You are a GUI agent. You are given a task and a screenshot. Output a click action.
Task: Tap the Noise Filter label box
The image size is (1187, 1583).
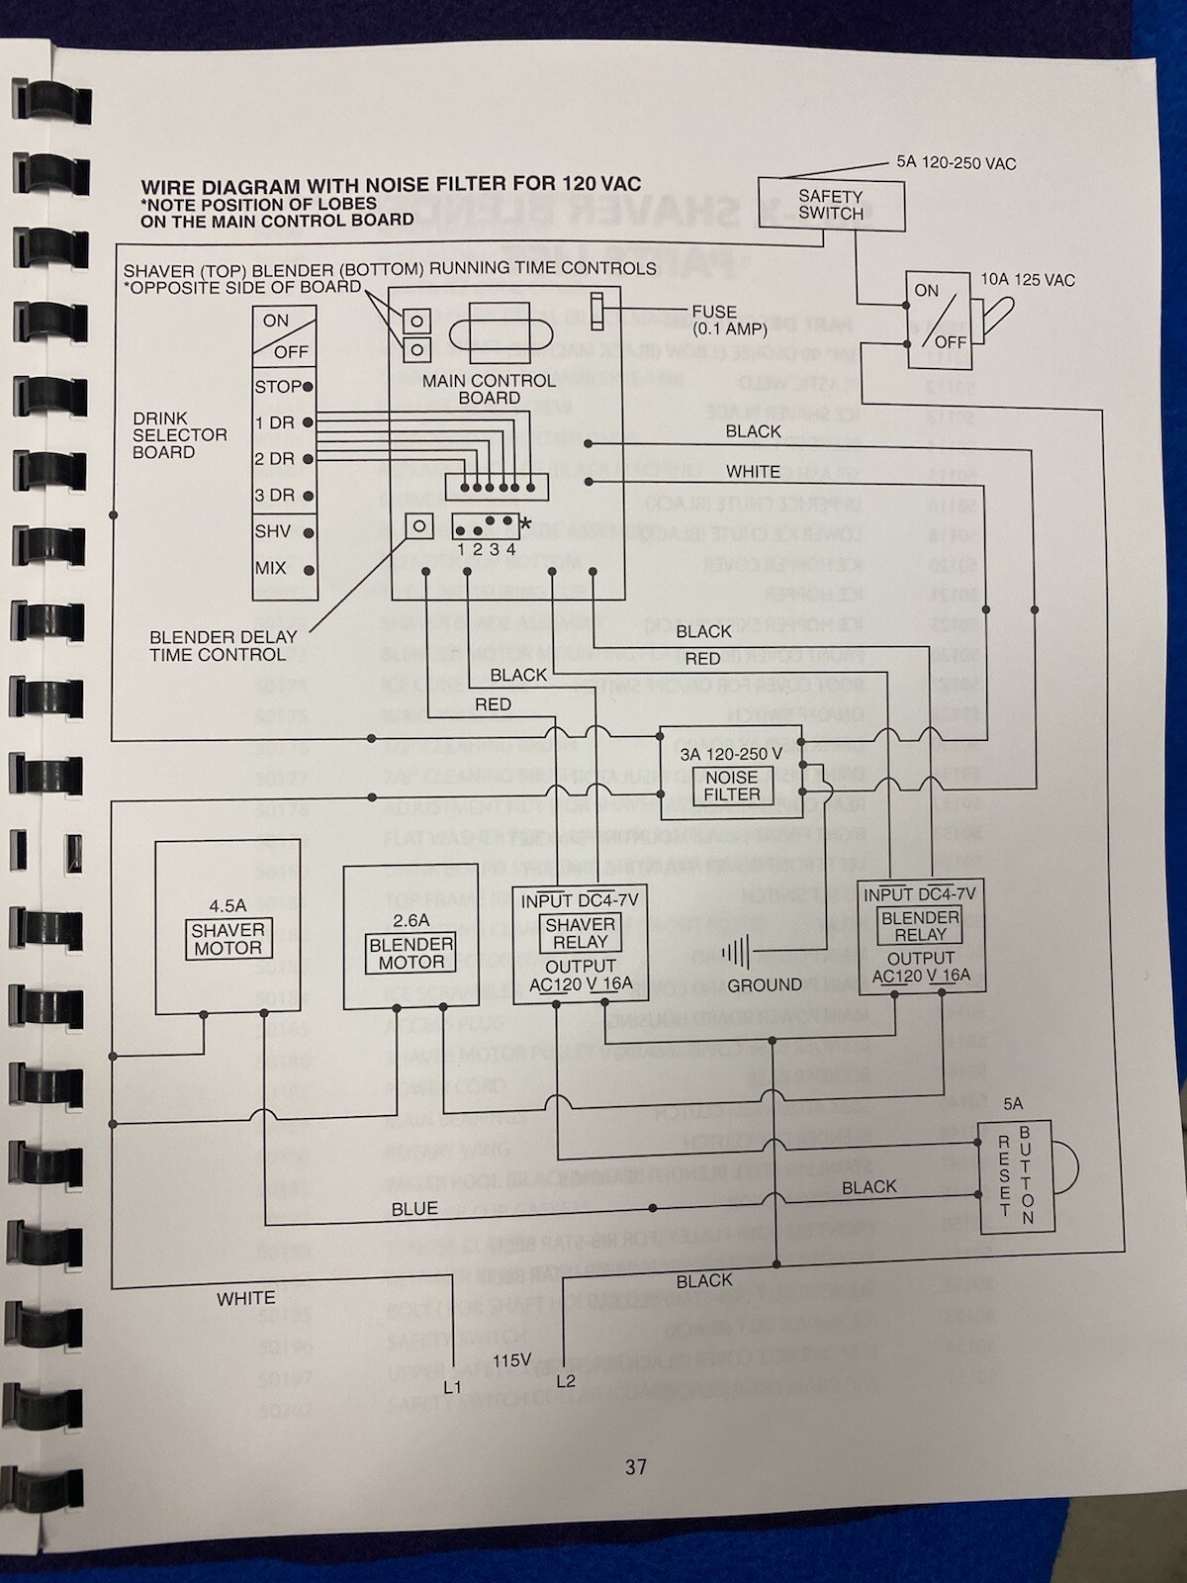click(x=732, y=786)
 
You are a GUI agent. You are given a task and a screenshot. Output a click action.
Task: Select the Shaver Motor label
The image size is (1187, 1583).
click(x=228, y=939)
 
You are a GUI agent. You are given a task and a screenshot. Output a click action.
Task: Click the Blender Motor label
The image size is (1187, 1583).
click(x=411, y=953)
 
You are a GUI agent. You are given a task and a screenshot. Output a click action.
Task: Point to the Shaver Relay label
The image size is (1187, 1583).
click(x=581, y=933)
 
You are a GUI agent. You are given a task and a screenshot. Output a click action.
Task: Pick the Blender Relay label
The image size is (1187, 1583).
click(x=920, y=926)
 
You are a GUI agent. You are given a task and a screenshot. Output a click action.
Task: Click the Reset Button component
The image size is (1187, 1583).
click(x=1016, y=1176)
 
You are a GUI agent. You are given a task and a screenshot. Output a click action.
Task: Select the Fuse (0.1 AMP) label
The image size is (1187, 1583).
click(x=714, y=320)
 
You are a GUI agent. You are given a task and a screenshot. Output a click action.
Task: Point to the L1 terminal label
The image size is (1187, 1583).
click(x=452, y=1387)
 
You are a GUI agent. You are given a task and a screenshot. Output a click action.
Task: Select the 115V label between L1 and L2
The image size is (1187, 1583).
click(x=511, y=1360)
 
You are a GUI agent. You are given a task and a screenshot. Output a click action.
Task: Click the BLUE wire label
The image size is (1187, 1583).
click(x=414, y=1209)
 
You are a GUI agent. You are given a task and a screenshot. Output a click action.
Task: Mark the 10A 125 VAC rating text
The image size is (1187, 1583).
click(x=1027, y=280)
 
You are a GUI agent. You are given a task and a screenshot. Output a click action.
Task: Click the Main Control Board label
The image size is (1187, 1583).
click(x=489, y=389)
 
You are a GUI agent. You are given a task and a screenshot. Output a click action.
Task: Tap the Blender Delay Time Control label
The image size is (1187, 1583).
click(x=218, y=646)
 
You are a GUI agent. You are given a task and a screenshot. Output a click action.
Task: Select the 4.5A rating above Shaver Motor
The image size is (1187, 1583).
click(x=228, y=905)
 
